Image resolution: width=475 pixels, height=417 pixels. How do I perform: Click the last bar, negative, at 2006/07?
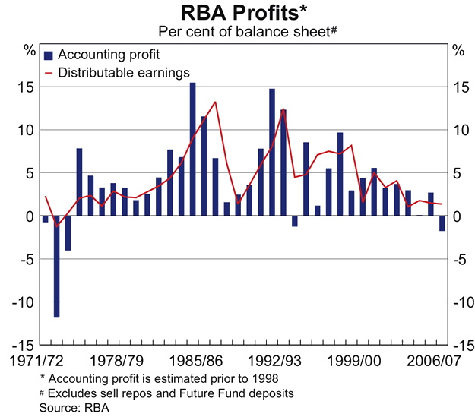tap(442, 223)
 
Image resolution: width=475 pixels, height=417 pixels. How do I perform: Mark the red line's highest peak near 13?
tap(215, 102)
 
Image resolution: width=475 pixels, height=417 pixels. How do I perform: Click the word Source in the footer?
tap(54, 407)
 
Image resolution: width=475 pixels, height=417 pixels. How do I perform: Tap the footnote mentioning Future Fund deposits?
tap(170, 393)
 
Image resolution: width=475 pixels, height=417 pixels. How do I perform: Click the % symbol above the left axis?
tap(29, 51)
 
